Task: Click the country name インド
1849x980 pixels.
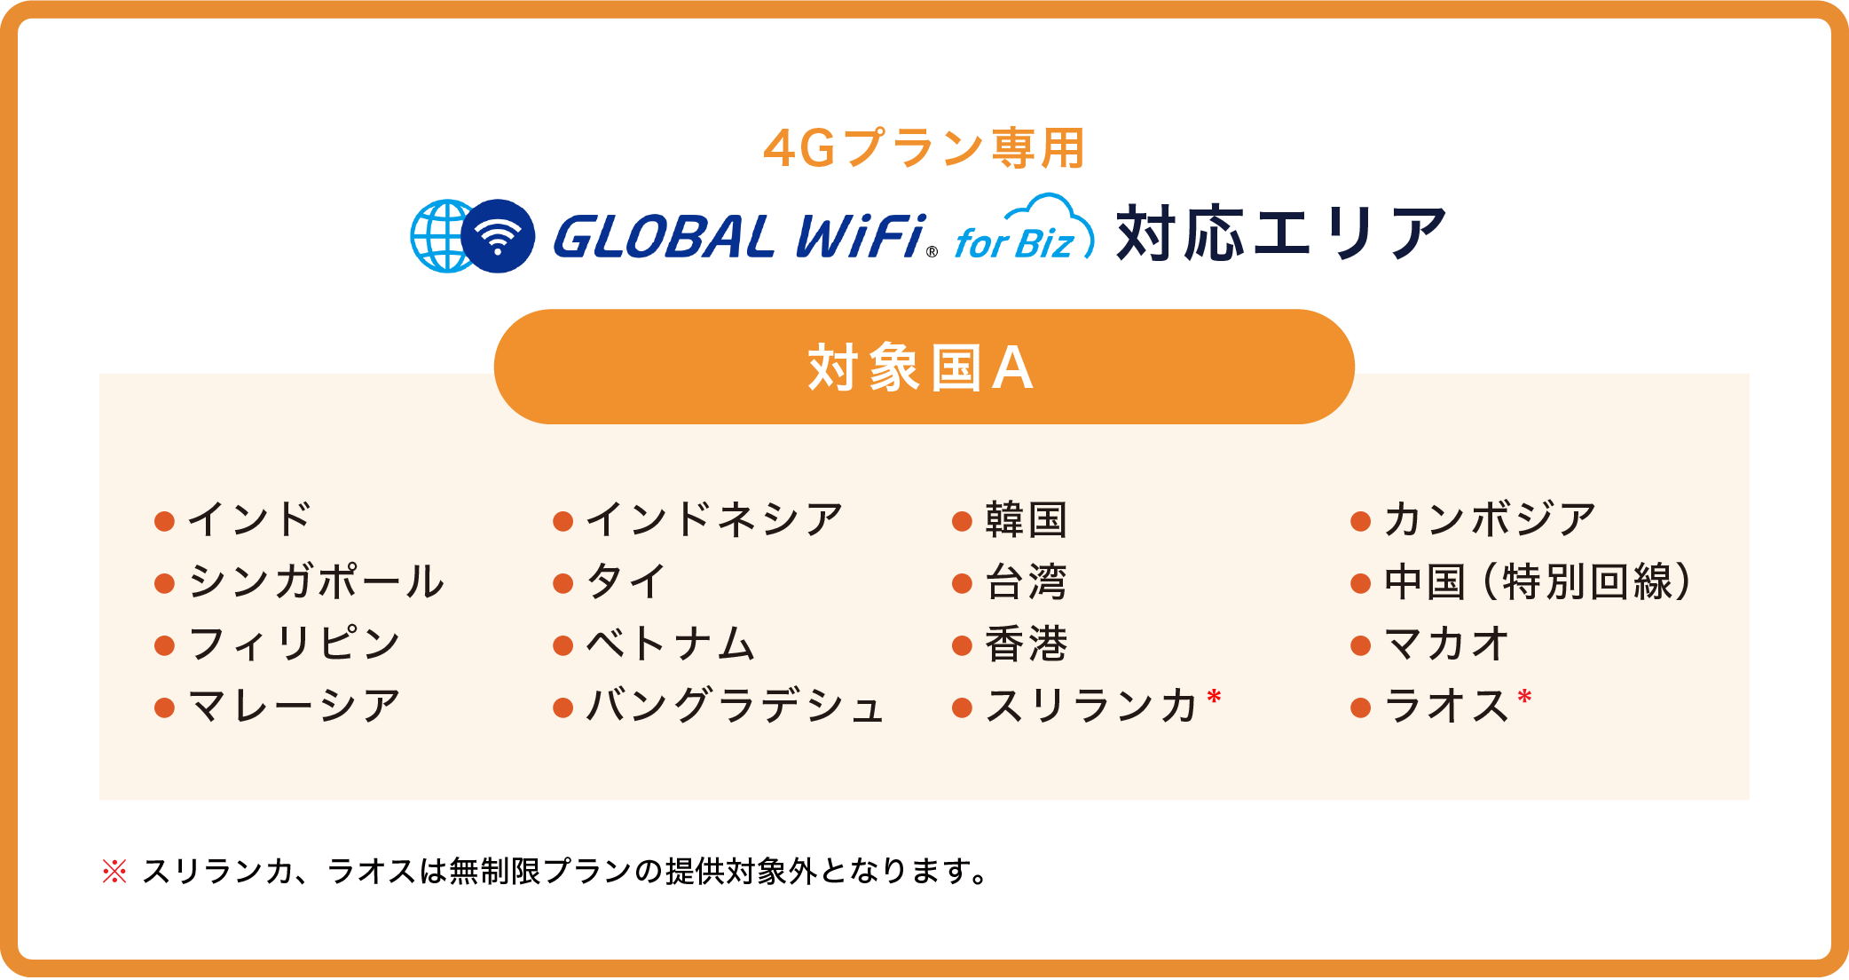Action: tap(249, 519)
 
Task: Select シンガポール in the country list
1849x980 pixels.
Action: tap(316, 581)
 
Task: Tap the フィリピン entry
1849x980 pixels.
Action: tap(295, 644)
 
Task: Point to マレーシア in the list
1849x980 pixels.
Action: tap(295, 707)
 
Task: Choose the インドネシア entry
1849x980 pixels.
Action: tap(714, 519)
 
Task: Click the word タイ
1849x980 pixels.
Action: tap(626, 581)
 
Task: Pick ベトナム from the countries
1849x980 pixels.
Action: tap(671, 644)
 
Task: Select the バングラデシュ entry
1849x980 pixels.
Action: tap(736, 707)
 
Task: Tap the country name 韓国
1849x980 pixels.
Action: tap(1026, 519)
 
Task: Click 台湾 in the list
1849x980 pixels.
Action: tap(1026, 581)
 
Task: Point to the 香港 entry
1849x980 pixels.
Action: tap(1026, 644)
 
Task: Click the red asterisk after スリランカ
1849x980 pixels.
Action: tap(1214, 697)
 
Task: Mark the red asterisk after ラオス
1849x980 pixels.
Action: tap(1524, 697)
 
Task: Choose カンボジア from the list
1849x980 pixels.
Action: tap(1491, 519)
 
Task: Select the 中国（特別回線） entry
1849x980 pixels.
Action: tap(1538, 581)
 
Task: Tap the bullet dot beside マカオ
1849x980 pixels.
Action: tap(1361, 645)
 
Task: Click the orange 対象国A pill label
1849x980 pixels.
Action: tap(924, 367)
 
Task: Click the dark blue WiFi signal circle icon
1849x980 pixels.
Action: tap(498, 235)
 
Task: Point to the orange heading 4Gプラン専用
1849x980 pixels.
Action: tap(924, 148)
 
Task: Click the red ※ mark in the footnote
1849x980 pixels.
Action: tap(114, 871)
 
